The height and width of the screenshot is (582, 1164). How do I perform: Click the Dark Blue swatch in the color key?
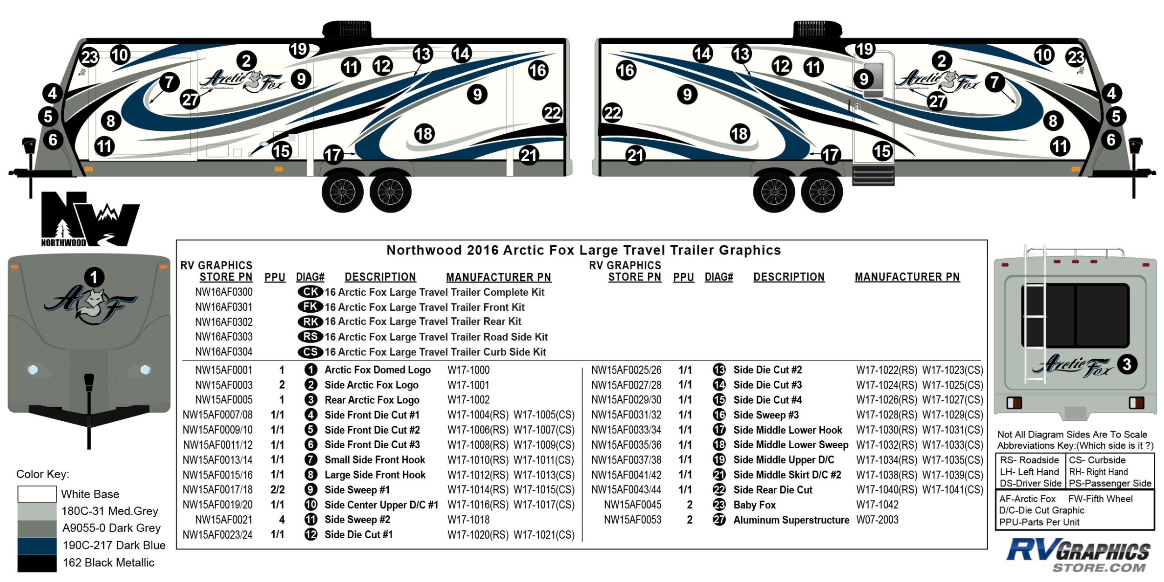37,546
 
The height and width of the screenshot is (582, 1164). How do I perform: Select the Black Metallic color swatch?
37,563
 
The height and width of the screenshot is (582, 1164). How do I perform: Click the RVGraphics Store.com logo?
1078,555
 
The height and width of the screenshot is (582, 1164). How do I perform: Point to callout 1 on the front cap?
94,278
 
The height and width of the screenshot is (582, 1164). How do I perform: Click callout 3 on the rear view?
1127,364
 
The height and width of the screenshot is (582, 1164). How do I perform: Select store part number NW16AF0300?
224,292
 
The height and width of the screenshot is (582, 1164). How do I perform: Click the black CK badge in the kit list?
310,292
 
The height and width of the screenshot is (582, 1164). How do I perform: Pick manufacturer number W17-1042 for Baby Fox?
877,505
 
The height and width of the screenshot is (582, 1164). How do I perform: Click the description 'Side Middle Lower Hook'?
787,430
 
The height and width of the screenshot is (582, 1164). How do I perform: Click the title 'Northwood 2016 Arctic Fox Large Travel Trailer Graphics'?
583,250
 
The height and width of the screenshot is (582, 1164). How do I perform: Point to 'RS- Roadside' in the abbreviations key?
1029,460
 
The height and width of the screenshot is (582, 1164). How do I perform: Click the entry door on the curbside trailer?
873,107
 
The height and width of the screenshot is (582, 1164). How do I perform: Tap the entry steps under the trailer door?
873,176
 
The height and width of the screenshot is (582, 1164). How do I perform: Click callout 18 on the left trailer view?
424,134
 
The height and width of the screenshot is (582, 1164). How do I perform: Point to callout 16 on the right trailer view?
626,70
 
